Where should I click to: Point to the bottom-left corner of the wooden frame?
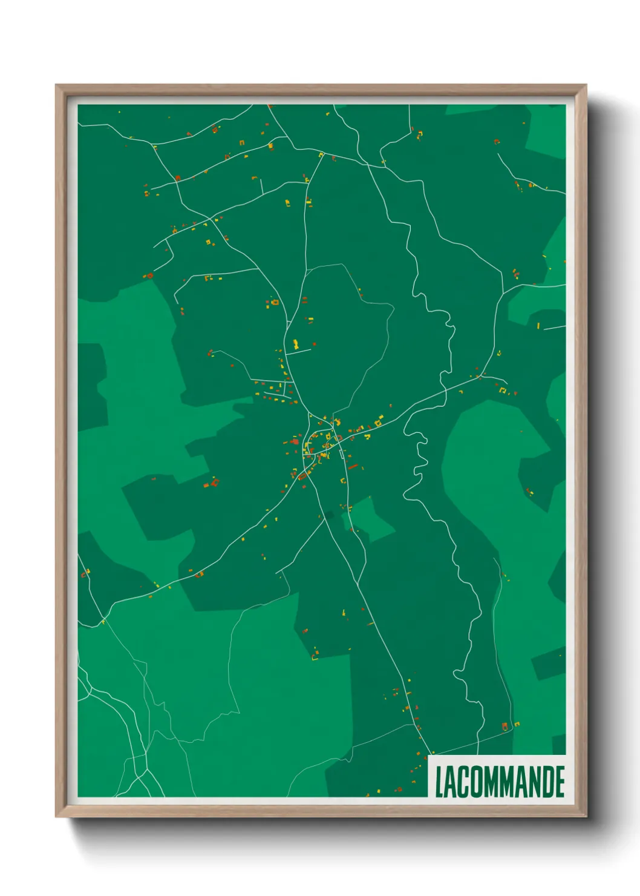coord(56,817)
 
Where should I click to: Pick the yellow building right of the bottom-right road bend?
coord(518,723)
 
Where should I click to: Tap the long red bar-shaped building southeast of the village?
coord(352,467)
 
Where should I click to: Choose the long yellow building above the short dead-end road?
coord(296,344)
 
